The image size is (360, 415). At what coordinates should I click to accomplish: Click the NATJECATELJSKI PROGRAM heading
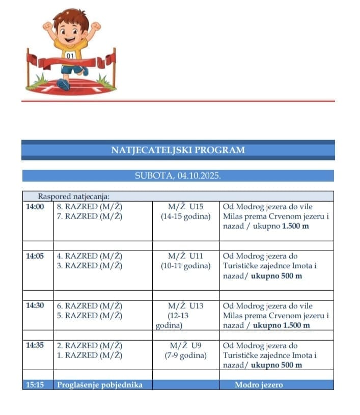[178, 150]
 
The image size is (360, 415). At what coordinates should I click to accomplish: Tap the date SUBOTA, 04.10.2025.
[178, 176]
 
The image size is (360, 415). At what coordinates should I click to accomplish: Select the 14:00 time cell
[35, 207]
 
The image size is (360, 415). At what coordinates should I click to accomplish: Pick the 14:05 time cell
[35, 256]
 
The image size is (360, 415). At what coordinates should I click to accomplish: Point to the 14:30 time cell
[35, 306]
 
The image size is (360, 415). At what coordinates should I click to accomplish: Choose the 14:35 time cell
[35, 345]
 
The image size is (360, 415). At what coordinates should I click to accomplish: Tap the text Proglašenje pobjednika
[99, 385]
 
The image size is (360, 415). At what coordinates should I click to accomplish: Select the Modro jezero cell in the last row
[259, 385]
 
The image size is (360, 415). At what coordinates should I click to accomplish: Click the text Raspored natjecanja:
[74, 196]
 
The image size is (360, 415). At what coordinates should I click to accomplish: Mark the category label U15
[197, 207]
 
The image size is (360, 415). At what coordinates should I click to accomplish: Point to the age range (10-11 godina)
[185, 266]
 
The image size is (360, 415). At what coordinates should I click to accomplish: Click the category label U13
[197, 306]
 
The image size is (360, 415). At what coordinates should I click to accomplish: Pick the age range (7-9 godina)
[185, 355]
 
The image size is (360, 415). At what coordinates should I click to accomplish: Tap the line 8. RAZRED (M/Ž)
[90, 207]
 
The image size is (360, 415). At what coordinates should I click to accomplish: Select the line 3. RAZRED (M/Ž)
[90, 266]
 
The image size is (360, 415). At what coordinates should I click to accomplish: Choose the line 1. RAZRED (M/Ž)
[90, 355]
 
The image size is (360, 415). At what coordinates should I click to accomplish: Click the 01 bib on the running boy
[70, 56]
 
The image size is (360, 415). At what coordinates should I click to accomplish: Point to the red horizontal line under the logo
[178, 101]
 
